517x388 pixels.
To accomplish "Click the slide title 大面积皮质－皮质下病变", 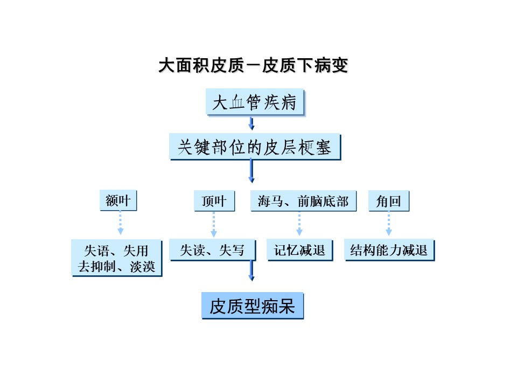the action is pyautogui.click(x=253, y=65).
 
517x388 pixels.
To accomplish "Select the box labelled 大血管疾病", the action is pyautogui.click(x=255, y=102).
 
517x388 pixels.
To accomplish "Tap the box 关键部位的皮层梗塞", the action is pyautogui.click(x=255, y=147).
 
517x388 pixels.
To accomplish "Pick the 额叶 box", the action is pyautogui.click(x=118, y=200).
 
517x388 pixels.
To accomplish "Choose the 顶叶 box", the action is pyautogui.click(x=214, y=200).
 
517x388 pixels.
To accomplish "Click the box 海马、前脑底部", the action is pyautogui.click(x=303, y=200).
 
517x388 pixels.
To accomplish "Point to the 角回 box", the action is pyautogui.click(x=388, y=200).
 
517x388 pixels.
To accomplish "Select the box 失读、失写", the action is pyautogui.click(x=212, y=250).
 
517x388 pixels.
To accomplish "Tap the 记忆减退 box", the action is pyautogui.click(x=299, y=250).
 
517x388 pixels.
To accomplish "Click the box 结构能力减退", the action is pyautogui.click(x=389, y=250).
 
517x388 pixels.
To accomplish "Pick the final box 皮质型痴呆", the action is pyautogui.click(x=252, y=306).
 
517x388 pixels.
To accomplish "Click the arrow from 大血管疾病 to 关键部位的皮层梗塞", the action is pyautogui.click(x=251, y=123).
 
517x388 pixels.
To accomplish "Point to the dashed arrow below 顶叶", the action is pyautogui.click(x=214, y=224).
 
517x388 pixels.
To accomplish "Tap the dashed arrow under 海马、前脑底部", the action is pyautogui.click(x=299, y=223).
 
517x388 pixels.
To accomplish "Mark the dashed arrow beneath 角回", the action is pyautogui.click(x=389, y=223).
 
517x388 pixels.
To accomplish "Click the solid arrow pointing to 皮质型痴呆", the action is pyautogui.click(x=251, y=271).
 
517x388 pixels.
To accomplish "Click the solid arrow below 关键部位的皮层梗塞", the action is pyautogui.click(x=251, y=171).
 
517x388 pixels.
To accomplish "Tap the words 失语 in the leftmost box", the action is pyautogui.click(x=96, y=251).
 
